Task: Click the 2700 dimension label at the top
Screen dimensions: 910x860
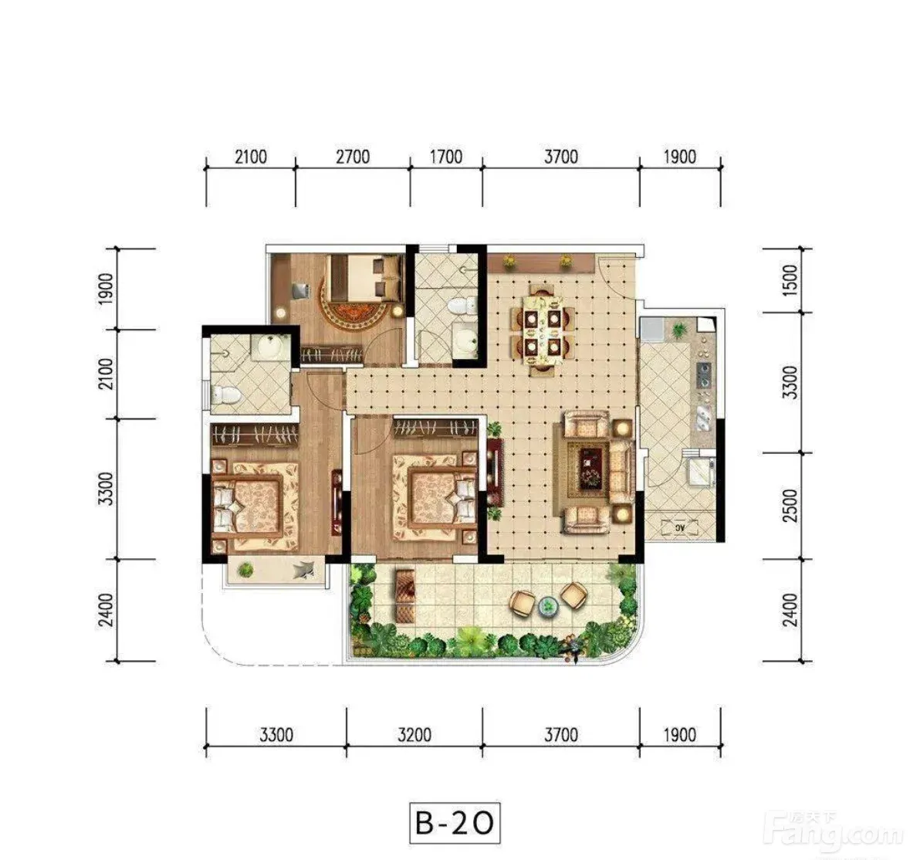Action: point(353,157)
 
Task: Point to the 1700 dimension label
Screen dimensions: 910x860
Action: point(446,157)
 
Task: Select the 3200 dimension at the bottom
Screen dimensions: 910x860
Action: point(414,735)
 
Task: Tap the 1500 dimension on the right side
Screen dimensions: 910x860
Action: point(790,280)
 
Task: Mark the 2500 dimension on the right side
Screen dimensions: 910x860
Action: point(790,506)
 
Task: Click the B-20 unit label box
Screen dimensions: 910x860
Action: point(455,823)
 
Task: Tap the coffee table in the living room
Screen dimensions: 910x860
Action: point(588,469)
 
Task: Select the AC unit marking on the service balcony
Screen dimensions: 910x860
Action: point(679,527)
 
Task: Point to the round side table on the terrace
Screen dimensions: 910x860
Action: point(547,607)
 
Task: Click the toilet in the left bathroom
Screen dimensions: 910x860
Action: point(225,395)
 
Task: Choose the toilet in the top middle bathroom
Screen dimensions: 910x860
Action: point(462,306)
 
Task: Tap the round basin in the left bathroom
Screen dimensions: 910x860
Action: point(269,348)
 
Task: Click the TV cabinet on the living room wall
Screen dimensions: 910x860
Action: point(495,471)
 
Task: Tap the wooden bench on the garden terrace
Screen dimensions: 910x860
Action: point(405,596)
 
